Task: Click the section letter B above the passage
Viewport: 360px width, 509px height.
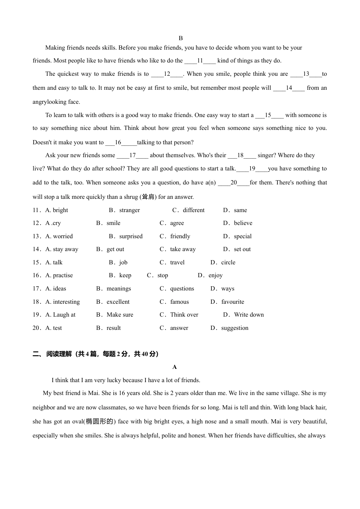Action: (181, 38)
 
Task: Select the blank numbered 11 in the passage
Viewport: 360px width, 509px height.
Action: (200, 61)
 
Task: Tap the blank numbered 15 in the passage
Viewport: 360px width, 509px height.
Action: (268, 115)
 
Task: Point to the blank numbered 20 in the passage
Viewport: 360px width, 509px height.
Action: (234, 183)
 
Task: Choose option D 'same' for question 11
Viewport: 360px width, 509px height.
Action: (240, 210)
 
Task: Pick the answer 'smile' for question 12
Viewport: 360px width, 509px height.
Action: (113, 223)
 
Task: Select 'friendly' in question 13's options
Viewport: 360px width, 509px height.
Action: (180, 236)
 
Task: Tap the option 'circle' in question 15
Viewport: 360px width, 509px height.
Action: (228, 262)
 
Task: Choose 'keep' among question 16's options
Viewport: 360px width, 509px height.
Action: (125, 275)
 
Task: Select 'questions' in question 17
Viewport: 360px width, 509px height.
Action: (182, 289)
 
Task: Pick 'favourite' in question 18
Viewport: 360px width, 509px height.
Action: (233, 302)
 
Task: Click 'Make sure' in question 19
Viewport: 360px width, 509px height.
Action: (120, 315)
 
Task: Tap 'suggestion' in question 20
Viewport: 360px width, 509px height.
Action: (235, 328)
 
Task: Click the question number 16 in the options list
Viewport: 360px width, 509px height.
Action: (36, 275)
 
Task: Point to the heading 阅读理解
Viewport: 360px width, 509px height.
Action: (59, 354)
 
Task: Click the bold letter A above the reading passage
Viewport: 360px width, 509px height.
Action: (175, 367)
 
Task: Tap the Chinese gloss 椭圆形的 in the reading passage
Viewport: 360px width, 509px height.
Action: (99, 422)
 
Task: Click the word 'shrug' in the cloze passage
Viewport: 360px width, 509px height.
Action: (130, 197)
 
